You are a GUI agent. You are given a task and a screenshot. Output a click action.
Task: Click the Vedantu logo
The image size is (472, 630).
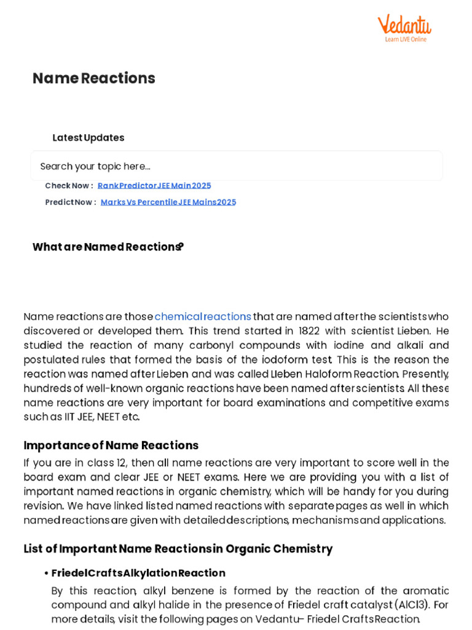point(404,28)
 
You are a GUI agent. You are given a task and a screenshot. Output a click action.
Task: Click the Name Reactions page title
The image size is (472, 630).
point(93,78)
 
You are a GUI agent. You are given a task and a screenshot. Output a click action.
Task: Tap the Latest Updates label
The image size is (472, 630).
point(88,138)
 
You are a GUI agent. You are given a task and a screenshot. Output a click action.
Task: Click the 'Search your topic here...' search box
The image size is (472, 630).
point(236,166)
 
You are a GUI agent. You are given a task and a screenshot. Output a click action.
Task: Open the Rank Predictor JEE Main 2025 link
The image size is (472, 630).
point(154,186)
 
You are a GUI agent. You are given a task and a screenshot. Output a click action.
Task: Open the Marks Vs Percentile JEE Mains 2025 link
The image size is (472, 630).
point(168,202)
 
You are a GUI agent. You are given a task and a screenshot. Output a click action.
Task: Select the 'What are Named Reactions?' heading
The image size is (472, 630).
point(108,247)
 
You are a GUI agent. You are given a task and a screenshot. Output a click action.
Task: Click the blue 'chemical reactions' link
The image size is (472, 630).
point(203,317)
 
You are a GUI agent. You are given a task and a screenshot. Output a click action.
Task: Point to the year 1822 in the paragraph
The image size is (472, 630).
point(309,331)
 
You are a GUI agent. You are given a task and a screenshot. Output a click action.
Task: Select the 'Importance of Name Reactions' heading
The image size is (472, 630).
point(111,445)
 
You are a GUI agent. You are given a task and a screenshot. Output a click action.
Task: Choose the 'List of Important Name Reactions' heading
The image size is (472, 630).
point(178,549)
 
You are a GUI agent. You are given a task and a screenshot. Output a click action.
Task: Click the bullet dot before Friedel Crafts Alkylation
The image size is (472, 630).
point(46,573)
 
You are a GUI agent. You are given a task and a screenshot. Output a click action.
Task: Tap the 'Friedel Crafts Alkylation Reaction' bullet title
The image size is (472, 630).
point(138,573)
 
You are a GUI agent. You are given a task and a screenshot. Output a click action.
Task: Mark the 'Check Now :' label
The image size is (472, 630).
point(69,186)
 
